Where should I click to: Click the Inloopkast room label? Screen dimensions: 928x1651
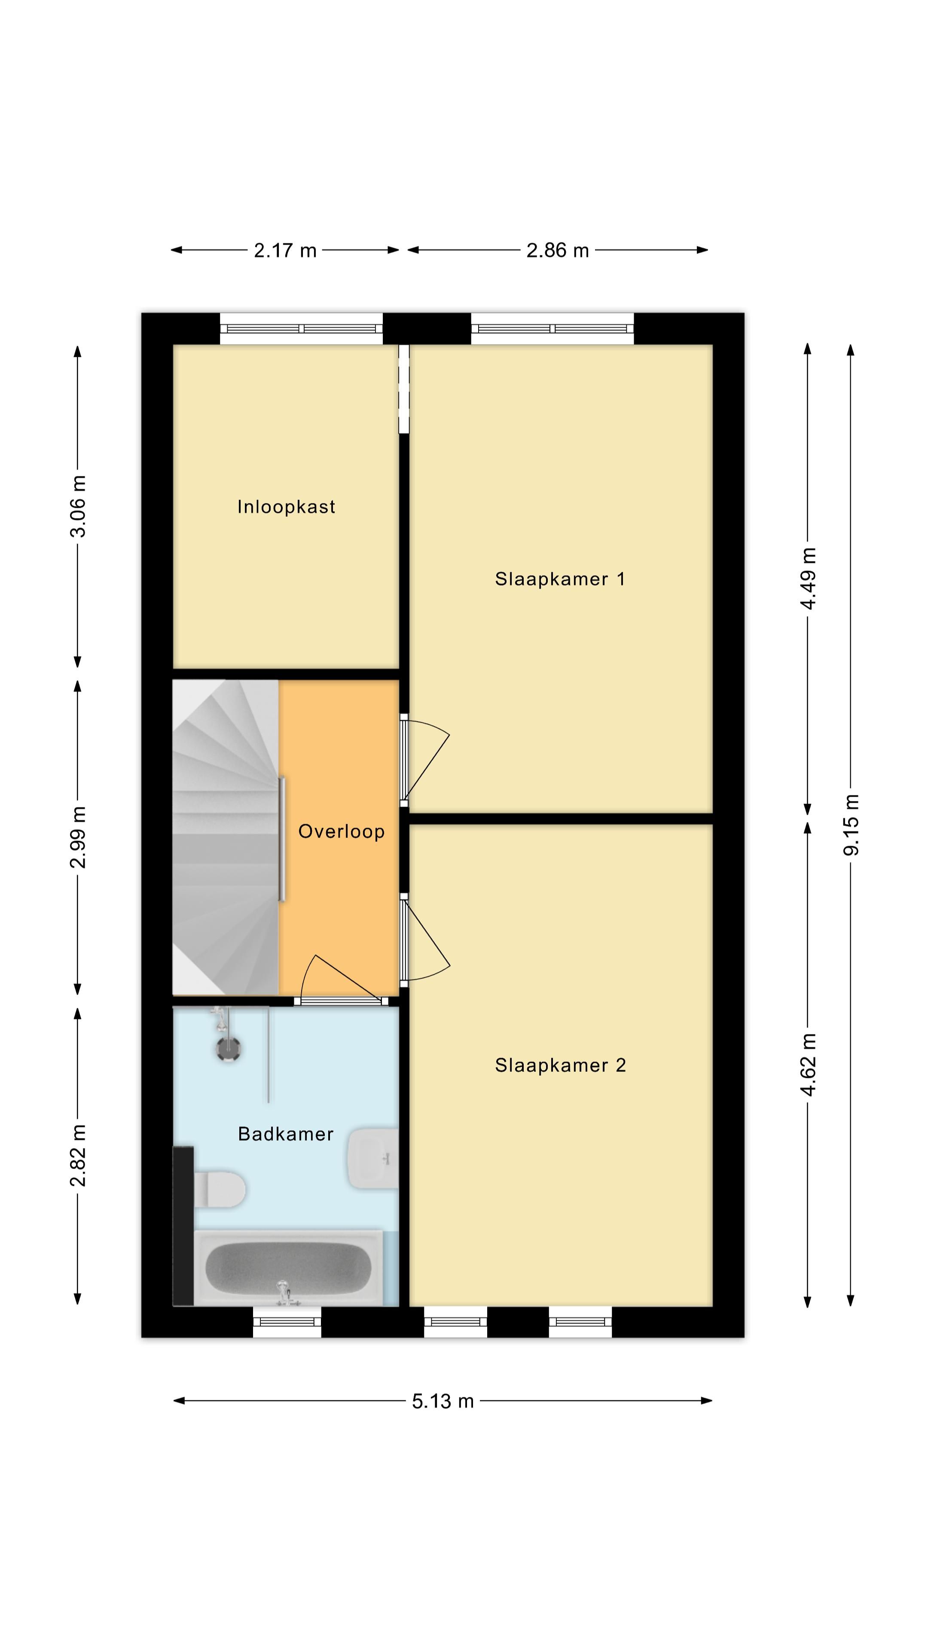[286, 507]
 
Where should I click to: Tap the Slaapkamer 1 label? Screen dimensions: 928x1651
[560, 580]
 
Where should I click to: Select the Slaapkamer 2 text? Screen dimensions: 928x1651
[560, 1066]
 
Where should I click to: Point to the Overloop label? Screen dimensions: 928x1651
[342, 832]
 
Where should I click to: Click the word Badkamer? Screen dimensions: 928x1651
[286, 1135]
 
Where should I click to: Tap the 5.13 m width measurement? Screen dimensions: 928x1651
[443, 1401]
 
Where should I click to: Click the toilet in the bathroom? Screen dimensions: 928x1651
[220, 1189]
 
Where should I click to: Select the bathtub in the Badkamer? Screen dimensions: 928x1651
[288, 1268]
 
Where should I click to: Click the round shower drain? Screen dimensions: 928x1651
[228, 1049]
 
